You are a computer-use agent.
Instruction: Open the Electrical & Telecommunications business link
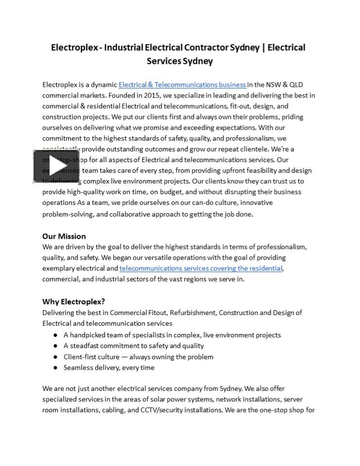[x=182, y=85]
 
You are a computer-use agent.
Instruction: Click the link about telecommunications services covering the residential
[x=201, y=268]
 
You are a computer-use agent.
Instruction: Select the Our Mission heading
[x=64, y=236]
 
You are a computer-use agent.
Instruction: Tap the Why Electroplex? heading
[x=73, y=301]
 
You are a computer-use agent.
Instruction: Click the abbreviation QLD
[x=296, y=85]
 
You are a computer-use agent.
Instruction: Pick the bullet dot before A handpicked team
[x=56, y=335]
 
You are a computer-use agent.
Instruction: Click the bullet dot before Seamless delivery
[x=56, y=367]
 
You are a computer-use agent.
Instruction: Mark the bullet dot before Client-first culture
[x=56, y=357]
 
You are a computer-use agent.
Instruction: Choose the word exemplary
[x=58, y=268]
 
